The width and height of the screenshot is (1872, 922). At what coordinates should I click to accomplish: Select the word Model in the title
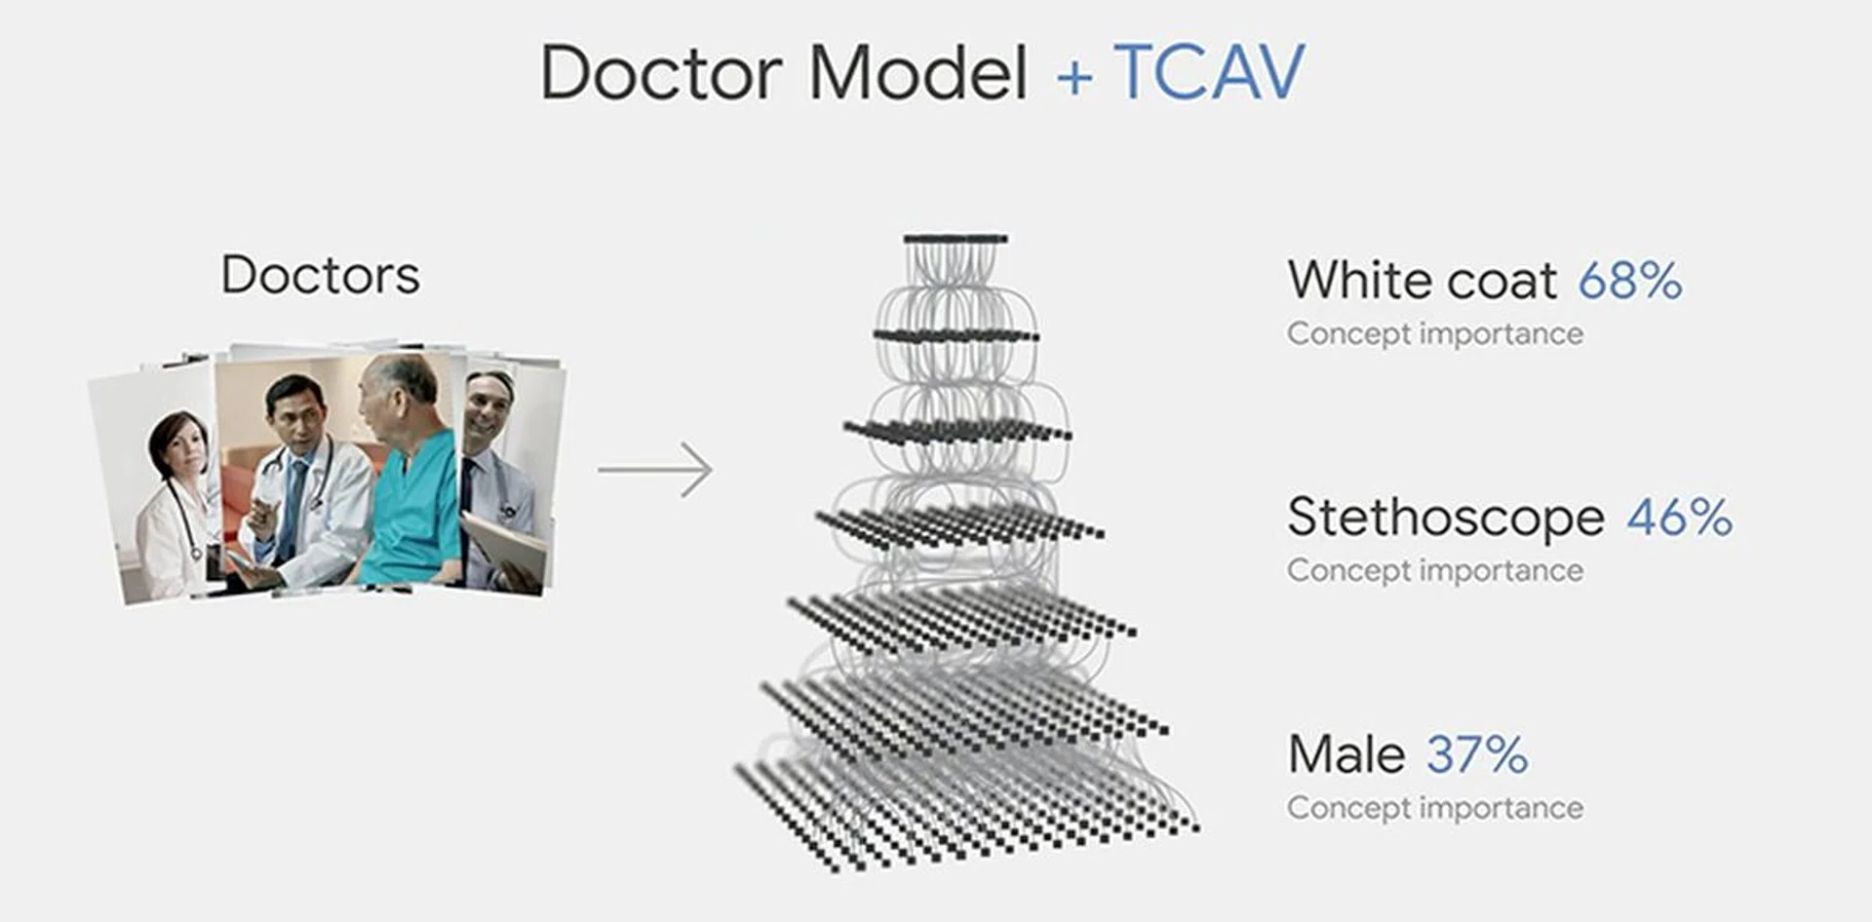pos(918,72)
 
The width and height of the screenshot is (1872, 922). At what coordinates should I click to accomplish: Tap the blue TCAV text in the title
pos(1209,72)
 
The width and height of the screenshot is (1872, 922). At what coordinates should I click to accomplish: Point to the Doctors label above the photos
pos(321,275)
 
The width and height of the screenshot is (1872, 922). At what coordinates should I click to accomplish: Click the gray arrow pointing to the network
pos(655,470)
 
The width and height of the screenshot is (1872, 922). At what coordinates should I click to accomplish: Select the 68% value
pos(1630,281)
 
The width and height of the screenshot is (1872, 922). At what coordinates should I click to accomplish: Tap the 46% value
pos(1679,518)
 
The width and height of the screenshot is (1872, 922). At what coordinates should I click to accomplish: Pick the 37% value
pos(1477,754)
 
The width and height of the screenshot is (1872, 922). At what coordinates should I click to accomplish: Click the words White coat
pos(1422,281)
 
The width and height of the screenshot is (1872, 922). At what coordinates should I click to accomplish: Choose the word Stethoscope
pos(1445,518)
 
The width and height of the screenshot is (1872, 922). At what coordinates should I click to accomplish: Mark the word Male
pos(1346,754)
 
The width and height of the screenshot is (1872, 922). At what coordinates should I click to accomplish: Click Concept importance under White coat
pos(1435,333)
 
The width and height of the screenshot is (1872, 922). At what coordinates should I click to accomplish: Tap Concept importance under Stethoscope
pos(1435,570)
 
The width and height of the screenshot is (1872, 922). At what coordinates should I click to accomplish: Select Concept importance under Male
pos(1435,808)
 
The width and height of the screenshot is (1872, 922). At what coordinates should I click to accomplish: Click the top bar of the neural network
pos(955,239)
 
